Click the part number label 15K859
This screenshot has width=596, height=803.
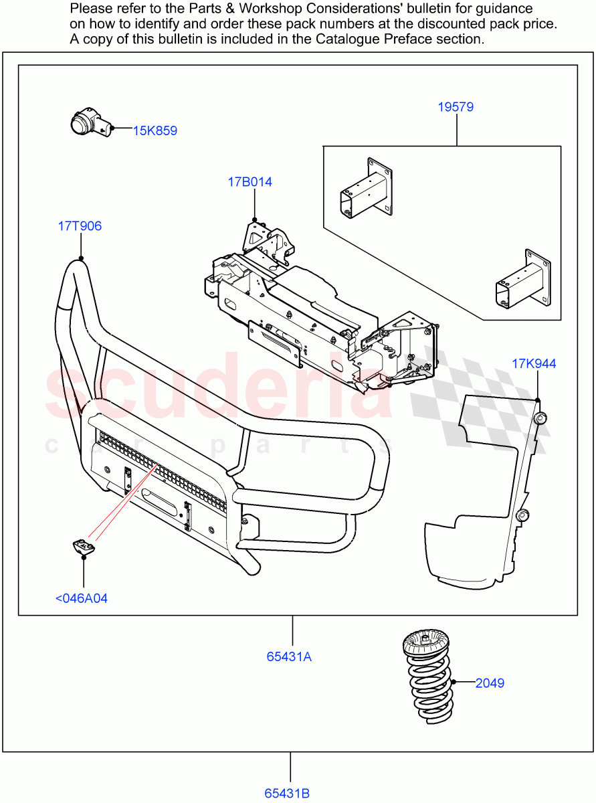click(155, 130)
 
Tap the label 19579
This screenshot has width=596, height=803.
click(456, 106)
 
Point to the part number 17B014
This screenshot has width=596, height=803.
click(250, 182)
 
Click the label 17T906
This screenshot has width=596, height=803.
click(80, 226)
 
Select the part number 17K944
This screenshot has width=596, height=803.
click(534, 364)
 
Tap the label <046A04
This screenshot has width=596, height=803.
click(81, 598)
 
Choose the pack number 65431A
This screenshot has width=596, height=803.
click(289, 656)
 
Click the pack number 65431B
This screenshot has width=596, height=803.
click(287, 794)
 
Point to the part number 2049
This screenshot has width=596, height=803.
click(490, 683)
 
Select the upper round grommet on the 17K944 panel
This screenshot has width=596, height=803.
click(540, 418)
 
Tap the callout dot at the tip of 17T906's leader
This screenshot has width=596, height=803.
click(80, 258)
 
